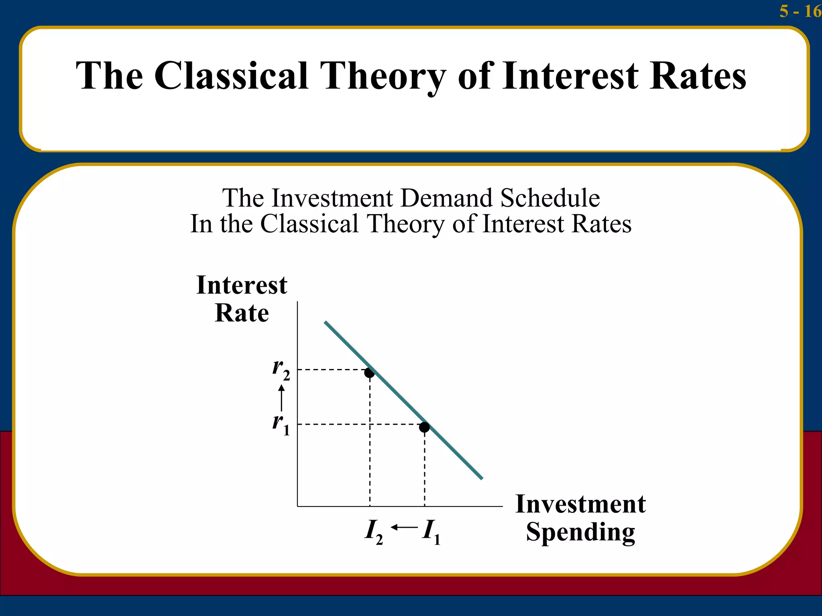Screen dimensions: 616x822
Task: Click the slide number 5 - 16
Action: pos(800,11)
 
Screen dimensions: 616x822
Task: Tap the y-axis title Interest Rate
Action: pos(242,299)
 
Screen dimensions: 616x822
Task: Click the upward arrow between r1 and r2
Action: pos(282,397)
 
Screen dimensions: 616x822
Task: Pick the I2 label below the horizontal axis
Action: pos(373,532)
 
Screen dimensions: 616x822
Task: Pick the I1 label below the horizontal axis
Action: pos(431,532)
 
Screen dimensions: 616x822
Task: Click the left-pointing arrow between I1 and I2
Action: pos(403,527)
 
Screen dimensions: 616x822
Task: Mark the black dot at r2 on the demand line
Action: pos(369,373)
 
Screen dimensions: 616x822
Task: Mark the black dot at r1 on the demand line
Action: pos(424,428)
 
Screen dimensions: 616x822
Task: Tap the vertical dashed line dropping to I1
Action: pos(425,469)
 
